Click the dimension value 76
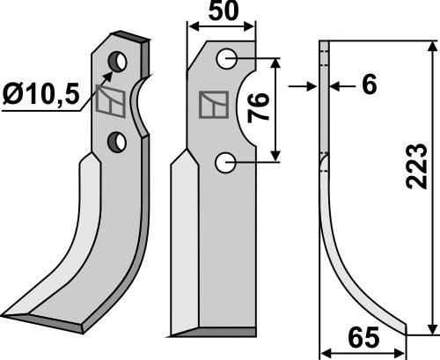(258, 108)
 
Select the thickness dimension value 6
(369, 84)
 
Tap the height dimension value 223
(416, 166)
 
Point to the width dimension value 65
(363, 337)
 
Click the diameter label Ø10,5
(41, 94)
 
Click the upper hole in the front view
(227, 59)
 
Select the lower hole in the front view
(225, 162)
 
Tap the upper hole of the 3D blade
(118, 62)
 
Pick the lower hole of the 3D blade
(117, 142)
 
